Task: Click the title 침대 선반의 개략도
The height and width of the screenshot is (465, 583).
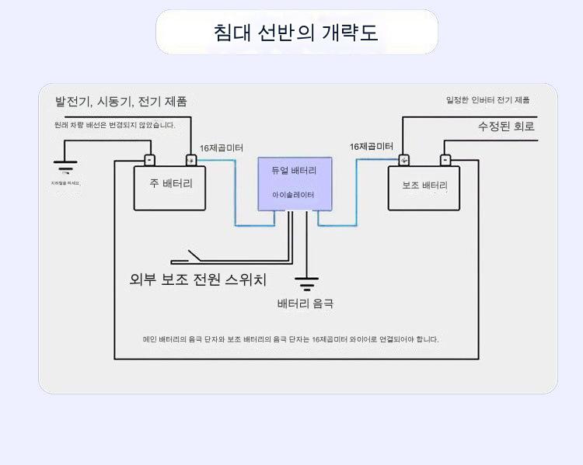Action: click(296, 33)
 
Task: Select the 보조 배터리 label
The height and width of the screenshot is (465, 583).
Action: click(424, 186)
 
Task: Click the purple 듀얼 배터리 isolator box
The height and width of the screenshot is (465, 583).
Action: click(294, 183)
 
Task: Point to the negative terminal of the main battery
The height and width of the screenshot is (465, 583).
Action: click(150, 161)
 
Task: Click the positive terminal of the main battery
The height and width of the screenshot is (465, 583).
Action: click(190, 161)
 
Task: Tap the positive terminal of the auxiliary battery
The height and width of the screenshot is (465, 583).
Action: click(404, 161)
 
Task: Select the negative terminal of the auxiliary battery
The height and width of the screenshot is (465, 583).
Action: click(445, 161)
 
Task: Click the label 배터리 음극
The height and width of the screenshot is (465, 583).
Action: click(305, 304)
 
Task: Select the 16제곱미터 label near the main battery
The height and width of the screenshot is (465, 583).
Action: click(222, 147)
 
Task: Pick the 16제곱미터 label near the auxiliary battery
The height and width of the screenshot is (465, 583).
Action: click(371, 146)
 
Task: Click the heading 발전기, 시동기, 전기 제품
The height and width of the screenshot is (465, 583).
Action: click(120, 102)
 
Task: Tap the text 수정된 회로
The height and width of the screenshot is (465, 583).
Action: click(506, 126)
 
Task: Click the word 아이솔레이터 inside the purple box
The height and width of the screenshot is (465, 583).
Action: click(294, 195)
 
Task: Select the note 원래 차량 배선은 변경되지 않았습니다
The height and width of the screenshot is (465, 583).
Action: click(115, 124)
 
